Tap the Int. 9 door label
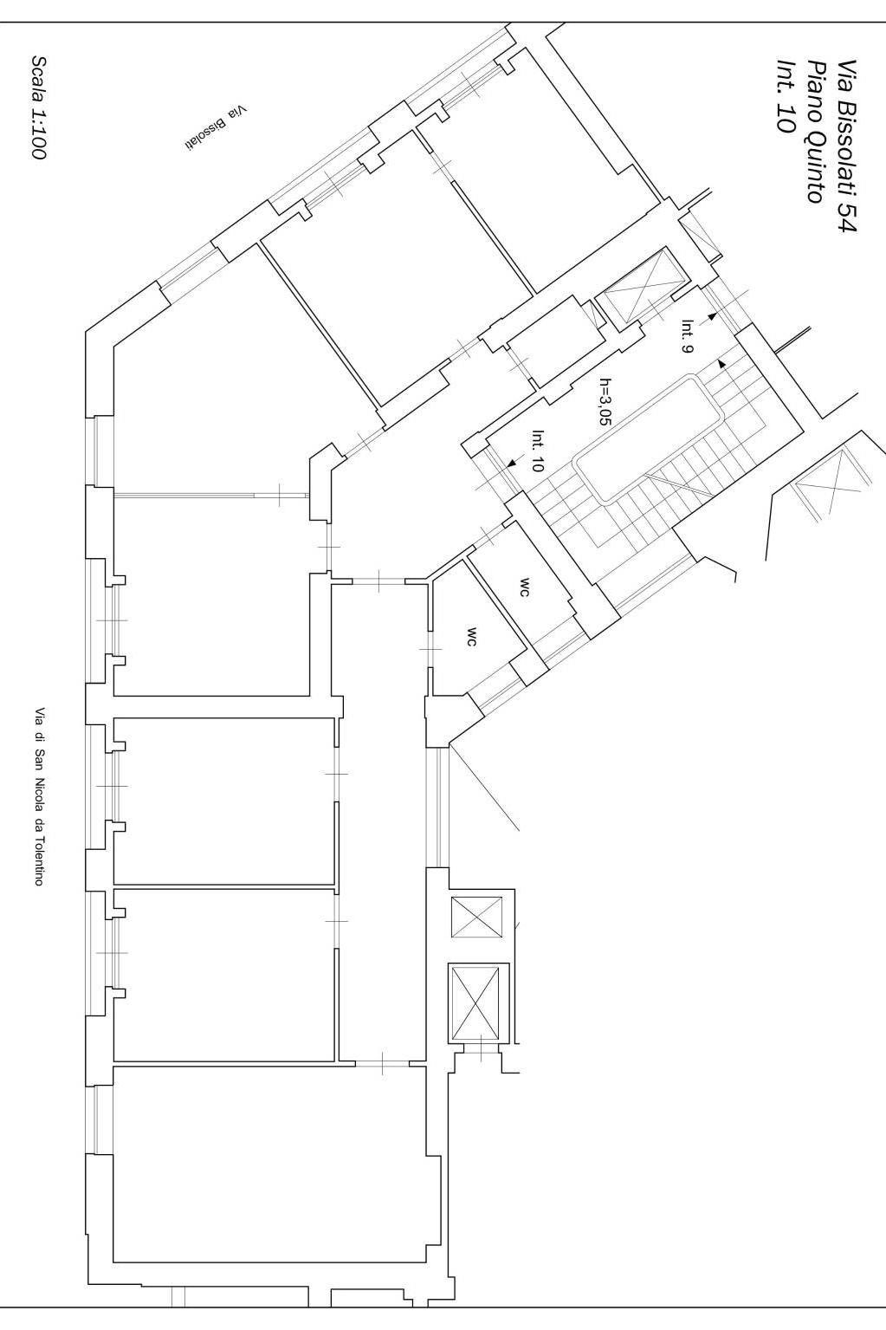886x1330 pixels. (687, 336)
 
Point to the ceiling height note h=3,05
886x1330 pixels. (605, 401)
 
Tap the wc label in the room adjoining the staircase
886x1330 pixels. (525, 587)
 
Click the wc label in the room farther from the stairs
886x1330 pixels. (472, 637)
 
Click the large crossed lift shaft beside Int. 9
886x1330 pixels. (642, 290)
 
